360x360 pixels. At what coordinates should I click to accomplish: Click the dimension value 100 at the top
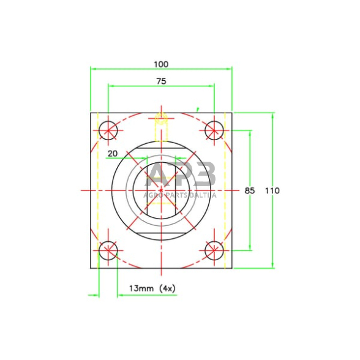(x=161, y=64)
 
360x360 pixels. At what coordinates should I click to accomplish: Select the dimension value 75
(x=161, y=81)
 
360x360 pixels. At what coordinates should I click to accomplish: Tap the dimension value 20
(x=113, y=154)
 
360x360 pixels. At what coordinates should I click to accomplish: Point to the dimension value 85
(x=250, y=190)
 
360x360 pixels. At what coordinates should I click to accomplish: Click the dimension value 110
(x=272, y=190)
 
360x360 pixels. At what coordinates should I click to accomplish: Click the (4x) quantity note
(x=167, y=288)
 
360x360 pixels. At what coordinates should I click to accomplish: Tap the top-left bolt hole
(x=108, y=130)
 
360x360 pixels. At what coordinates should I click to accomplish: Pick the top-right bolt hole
(x=214, y=130)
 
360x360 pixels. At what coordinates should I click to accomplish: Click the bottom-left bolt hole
(x=108, y=250)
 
